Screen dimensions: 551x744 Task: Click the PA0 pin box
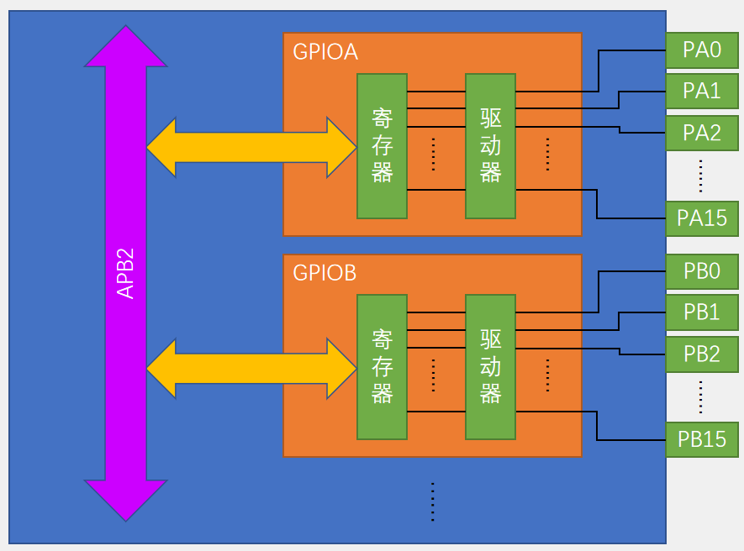pos(702,50)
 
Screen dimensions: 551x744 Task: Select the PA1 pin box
pos(702,91)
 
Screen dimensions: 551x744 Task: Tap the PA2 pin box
pos(702,132)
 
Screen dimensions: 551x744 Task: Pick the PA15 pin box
pos(702,218)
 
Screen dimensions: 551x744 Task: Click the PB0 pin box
pos(702,271)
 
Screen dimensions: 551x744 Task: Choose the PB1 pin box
pos(702,312)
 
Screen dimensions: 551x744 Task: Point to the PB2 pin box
pos(702,354)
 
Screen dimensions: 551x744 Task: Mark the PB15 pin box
pos(702,439)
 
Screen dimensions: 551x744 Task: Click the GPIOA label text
pos(325,52)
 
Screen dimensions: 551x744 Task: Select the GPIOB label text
pos(325,273)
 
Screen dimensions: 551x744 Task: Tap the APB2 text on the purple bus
pos(126,273)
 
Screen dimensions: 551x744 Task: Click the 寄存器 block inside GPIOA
pos(382,146)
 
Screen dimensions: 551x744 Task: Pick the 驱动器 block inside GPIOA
pos(490,146)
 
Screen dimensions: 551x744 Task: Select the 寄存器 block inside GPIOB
pos(382,367)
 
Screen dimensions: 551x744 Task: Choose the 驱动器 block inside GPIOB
pos(490,367)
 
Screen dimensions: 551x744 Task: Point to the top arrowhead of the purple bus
pos(126,46)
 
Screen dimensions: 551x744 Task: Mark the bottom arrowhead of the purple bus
pos(126,500)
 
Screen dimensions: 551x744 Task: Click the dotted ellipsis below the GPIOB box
pos(432,501)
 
